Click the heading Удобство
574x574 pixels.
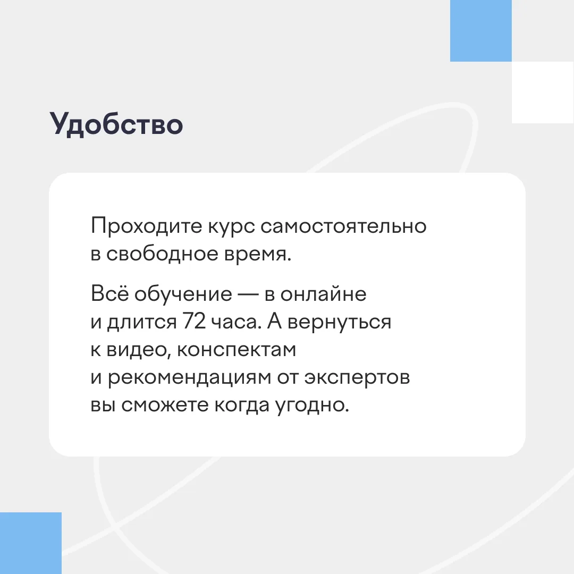116,124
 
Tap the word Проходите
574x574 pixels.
147,226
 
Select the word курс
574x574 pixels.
231,227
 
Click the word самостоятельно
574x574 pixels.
343,226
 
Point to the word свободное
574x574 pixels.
162,254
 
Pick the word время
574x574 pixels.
258,255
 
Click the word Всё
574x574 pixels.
110,293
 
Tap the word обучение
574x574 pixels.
183,295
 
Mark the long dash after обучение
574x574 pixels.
248,294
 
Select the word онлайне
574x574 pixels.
323,294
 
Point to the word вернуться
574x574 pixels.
339,323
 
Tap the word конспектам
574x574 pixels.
237,350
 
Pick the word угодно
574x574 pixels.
313,406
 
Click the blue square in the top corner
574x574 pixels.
480,31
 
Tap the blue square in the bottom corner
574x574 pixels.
31,543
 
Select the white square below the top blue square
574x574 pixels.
543,92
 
